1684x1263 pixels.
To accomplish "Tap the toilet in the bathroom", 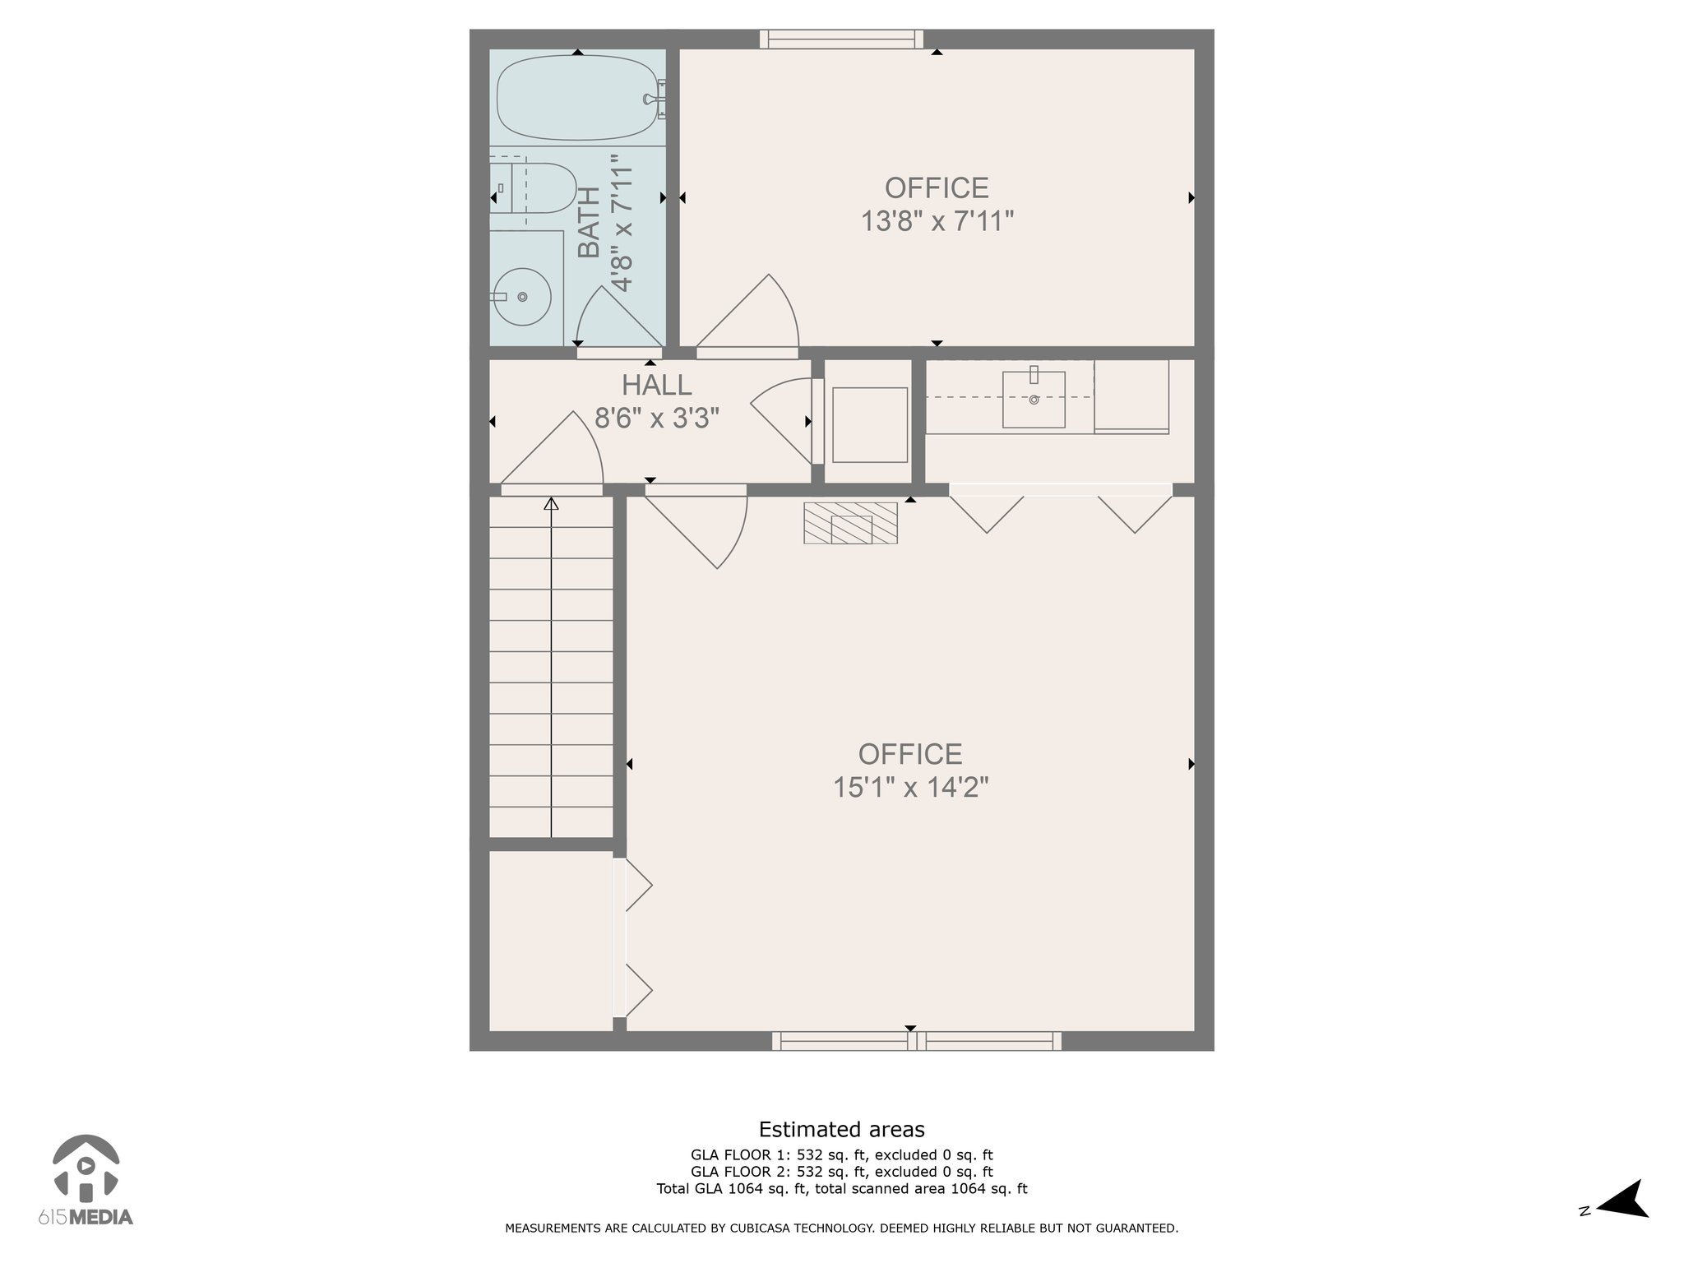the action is (534, 188).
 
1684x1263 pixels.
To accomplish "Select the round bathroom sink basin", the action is (521, 297).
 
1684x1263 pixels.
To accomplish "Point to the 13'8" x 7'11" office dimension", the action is (937, 221).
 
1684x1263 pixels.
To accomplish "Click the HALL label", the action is (656, 385).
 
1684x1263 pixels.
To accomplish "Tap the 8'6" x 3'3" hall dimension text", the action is (657, 419).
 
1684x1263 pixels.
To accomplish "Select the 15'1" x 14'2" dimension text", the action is (910, 788).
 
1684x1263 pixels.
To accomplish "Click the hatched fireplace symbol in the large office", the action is (850, 523).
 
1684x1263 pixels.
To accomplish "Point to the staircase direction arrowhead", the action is (551, 503).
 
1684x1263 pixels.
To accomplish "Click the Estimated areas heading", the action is (841, 1130).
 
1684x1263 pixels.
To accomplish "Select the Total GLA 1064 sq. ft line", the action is (841, 1188).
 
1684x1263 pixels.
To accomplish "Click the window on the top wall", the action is (841, 39).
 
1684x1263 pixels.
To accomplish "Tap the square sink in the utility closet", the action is (1034, 399).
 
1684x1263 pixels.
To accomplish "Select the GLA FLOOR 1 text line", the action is (841, 1155).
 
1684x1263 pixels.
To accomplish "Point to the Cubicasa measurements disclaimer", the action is (841, 1228).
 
